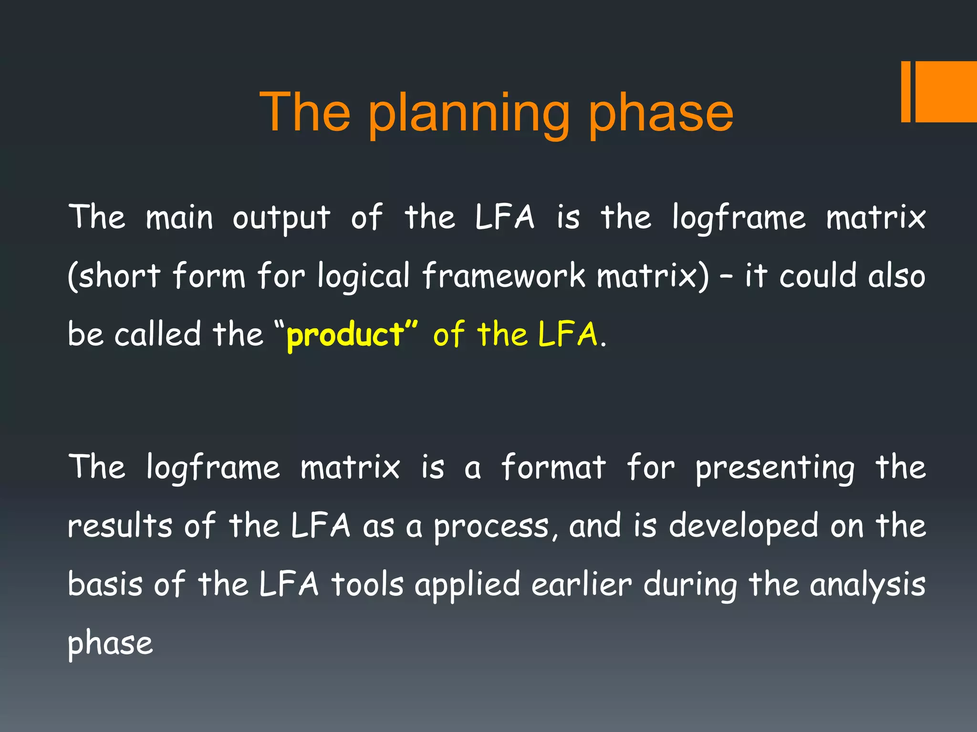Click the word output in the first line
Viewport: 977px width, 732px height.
(281, 218)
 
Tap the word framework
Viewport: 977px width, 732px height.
(503, 276)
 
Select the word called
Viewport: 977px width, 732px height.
(157, 335)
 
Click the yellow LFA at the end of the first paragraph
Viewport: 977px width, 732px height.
(567, 335)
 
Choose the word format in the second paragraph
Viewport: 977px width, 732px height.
(553, 467)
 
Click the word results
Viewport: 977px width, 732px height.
(120, 526)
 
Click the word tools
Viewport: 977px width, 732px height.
(367, 585)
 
